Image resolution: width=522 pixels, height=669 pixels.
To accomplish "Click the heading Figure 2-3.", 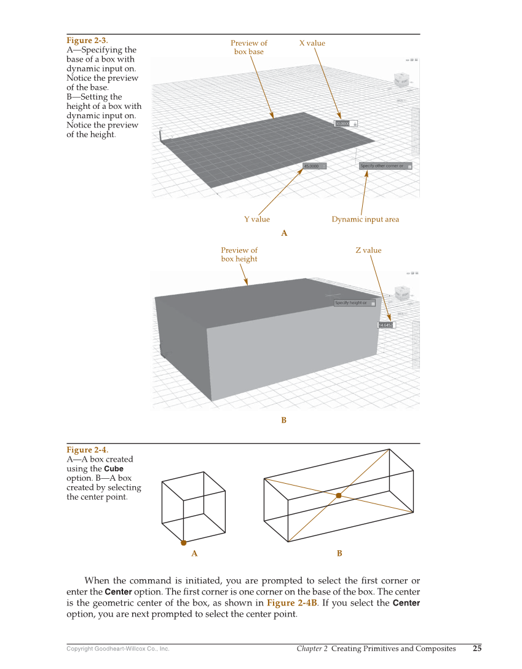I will [87, 41].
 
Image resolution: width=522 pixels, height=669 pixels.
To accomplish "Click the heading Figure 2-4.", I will [87, 450].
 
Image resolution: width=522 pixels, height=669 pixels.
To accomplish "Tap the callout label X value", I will [312, 43].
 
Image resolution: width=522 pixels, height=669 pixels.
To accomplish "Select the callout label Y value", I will [256, 219].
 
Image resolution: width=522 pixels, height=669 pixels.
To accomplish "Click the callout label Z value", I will [368, 250].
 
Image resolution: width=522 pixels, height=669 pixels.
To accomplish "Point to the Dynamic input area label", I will [365, 219].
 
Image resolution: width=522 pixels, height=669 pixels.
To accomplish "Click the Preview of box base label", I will [248, 47].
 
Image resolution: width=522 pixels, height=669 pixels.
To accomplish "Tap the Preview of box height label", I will [239, 255].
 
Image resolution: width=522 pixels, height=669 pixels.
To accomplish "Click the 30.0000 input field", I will [342, 124].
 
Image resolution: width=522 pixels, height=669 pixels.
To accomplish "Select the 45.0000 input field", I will [312, 166].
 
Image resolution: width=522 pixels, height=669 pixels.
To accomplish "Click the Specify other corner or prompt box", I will [382, 166].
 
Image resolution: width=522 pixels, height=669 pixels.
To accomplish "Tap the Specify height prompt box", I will [351, 303].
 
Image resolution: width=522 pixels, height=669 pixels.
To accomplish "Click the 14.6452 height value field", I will [386, 325].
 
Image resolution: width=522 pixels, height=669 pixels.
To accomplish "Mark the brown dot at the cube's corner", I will [183, 543].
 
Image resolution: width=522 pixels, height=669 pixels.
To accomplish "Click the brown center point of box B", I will [339, 495].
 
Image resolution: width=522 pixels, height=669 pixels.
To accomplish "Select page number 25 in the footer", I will [477, 648].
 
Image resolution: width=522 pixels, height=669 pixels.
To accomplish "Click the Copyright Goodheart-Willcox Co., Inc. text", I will [117, 649].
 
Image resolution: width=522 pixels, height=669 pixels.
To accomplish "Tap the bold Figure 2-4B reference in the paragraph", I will [292, 603].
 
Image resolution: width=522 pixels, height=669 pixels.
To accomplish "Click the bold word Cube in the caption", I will [114, 469].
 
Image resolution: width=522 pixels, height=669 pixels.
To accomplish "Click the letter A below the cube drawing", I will [194, 553].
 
